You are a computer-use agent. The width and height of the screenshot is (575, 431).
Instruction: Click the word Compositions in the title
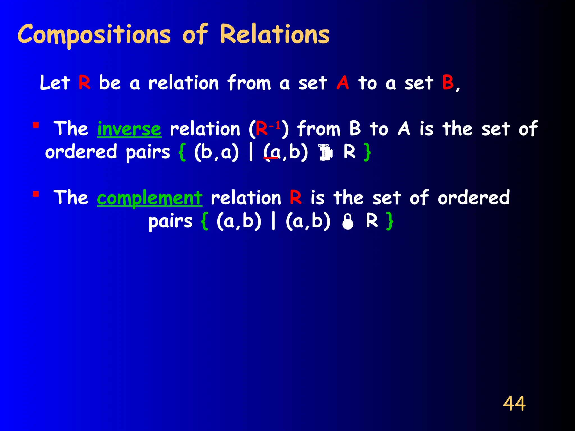pyautogui.click(x=94, y=35)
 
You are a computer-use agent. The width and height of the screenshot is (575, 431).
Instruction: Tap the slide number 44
pyautogui.click(x=514, y=404)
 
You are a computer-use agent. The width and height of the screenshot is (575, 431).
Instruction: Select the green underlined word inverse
pyautogui.click(x=129, y=129)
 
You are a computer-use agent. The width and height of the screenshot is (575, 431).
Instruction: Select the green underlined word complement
pyautogui.click(x=149, y=198)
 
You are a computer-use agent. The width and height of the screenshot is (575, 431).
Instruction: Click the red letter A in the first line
pyautogui.click(x=343, y=83)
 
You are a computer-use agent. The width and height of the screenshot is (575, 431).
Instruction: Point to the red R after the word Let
pyautogui.click(x=85, y=83)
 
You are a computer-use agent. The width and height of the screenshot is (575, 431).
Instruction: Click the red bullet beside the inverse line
pyautogui.click(x=36, y=125)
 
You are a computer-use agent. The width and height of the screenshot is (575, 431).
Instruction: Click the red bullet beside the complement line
pyautogui.click(x=36, y=194)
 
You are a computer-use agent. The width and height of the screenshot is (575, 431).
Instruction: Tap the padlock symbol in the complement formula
pyautogui.click(x=348, y=222)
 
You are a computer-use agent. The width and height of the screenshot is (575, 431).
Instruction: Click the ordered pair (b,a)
pyautogui.click(x=216, y=152)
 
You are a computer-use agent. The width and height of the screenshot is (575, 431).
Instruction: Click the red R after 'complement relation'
pyautogui.click(x=296, y=198)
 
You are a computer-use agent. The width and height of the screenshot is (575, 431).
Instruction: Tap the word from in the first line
pyautogui.click(x=249, y=83)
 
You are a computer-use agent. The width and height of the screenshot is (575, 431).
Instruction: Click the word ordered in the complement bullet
pyautogui.click(x=474, y=198)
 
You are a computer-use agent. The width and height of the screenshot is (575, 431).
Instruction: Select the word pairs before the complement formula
pyautogui.click(x=170, y=221)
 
